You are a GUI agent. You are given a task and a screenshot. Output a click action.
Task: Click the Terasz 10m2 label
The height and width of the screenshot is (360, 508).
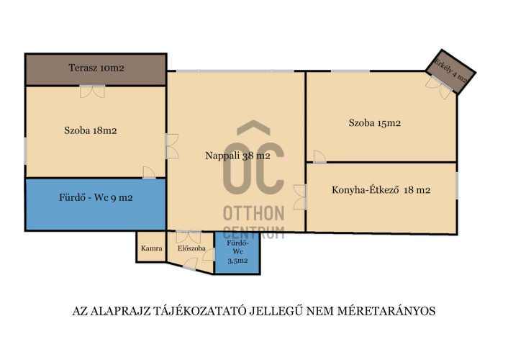(96, 68)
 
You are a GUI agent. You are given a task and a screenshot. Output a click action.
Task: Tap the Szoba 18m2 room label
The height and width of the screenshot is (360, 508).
(91, 131)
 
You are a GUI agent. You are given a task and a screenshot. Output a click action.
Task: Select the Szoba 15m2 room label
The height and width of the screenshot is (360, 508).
(374, 123)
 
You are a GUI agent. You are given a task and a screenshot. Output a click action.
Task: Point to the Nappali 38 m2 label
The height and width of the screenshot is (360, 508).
(237, 156)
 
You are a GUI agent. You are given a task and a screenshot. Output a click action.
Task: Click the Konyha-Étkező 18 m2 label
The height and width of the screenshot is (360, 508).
(381, 190)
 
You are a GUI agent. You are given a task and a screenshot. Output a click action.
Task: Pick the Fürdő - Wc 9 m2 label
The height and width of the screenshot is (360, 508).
(96, 197)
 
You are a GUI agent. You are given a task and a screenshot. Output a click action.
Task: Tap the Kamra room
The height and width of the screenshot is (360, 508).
(151, 247)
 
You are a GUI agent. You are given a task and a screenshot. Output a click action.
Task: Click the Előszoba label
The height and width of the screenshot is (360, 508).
(191, 248)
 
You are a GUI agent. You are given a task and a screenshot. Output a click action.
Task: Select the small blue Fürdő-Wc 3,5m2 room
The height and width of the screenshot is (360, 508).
(237, 253)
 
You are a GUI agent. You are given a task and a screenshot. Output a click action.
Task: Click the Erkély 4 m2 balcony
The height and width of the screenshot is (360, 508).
(450, 72)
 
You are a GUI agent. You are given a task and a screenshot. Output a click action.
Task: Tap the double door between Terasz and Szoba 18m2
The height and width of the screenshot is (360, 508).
(92, 91)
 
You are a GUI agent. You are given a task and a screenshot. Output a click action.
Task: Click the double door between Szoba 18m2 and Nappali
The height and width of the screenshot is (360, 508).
(172, 146)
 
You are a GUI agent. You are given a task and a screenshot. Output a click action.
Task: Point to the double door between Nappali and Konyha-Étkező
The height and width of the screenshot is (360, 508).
(299, 197)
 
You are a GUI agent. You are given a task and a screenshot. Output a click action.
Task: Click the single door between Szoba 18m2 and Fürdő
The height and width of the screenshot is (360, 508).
(149, 173)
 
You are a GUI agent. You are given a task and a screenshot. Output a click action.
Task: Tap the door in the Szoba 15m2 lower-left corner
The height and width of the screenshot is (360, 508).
(319, 156)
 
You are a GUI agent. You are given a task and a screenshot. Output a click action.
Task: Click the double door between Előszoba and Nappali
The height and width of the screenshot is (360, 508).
(189, 237)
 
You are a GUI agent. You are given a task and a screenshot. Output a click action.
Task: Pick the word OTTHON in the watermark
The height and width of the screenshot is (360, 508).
(254, 213)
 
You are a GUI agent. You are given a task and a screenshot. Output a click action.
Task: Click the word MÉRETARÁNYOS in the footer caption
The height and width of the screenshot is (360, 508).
(386, 311)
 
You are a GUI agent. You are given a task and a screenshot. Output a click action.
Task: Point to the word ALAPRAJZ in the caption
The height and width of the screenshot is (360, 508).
(120, 311)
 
